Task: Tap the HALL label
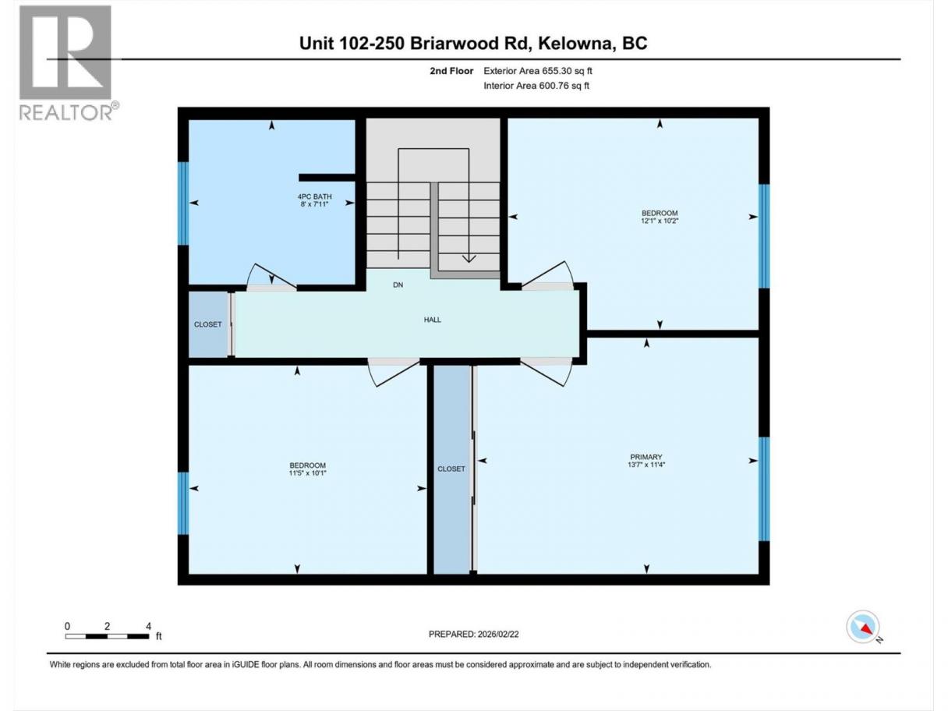[432, 320]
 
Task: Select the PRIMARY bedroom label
[646, 457]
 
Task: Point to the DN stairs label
[398, 285]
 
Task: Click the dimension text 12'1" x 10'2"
[660, 221]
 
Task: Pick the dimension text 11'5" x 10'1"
[307, 473]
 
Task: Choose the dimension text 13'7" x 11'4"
[646, 465]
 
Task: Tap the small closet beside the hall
[208, 324]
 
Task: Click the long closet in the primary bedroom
[451, 469]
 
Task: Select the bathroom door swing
[271, 278]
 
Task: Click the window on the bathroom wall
[183, 203]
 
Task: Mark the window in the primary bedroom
[764, 489]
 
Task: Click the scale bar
[107, 636]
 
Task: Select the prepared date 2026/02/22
[497, 634]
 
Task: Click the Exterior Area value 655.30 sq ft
[565, 71]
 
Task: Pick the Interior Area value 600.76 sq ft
[564, 86]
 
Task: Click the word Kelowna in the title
[575, 44]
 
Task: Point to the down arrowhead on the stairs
[469, 259]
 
